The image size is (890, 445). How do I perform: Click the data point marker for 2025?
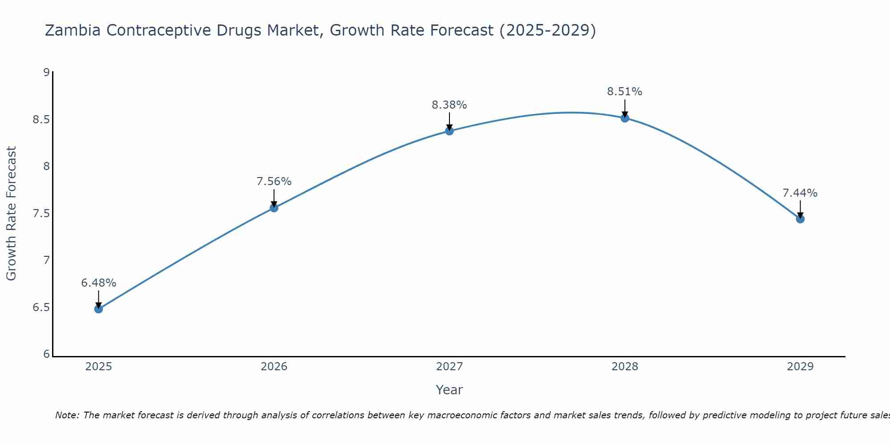pos(98,309)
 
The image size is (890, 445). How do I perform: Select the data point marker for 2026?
pos(274,208)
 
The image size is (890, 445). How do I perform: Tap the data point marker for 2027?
pos(449,131)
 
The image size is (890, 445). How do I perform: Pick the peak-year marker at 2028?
pos(624,118)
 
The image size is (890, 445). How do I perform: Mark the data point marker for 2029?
pos(800,219)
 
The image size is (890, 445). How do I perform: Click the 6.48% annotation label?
pos(98,283)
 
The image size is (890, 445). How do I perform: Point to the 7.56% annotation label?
pos(274,182)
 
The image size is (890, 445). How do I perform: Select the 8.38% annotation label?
pos(449,105)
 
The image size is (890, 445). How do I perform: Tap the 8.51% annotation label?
pos(624,92)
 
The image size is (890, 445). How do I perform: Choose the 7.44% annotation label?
pos(800,193)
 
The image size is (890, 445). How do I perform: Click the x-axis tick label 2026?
pos(274,367)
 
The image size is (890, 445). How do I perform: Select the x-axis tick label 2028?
pos(624,367)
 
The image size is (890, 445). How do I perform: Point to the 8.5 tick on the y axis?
pos(41,120)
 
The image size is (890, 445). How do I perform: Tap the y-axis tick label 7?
pos(46,260)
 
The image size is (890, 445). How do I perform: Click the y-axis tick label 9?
pos(46,72)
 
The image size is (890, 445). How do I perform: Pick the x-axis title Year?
pos(449,390)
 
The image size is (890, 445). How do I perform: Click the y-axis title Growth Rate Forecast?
pos(11,213)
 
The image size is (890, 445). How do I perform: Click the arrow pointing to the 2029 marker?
pos(800,209)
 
